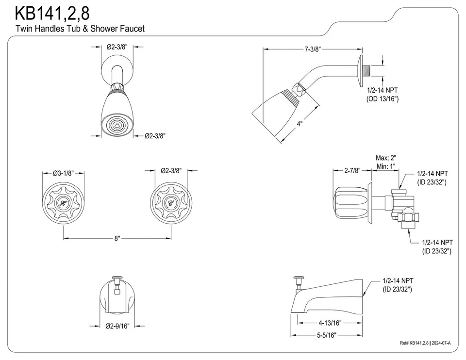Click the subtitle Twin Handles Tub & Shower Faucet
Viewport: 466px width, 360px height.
pyautogui.click(x=80, y=29)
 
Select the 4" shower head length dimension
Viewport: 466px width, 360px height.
pyautogui.click(x=300, y=124)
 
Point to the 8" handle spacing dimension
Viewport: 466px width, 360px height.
pyautogui.click(x=117, y=238)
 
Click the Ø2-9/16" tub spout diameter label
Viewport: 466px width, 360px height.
pyautogui.click(x=117, y=327)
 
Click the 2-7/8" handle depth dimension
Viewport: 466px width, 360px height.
pyautogui.click(x=351, y=171)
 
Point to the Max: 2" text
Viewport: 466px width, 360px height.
pyautogui.click(x=386, y=158)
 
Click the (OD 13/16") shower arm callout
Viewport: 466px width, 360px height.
pyautogui.click(x=382, y=98)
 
